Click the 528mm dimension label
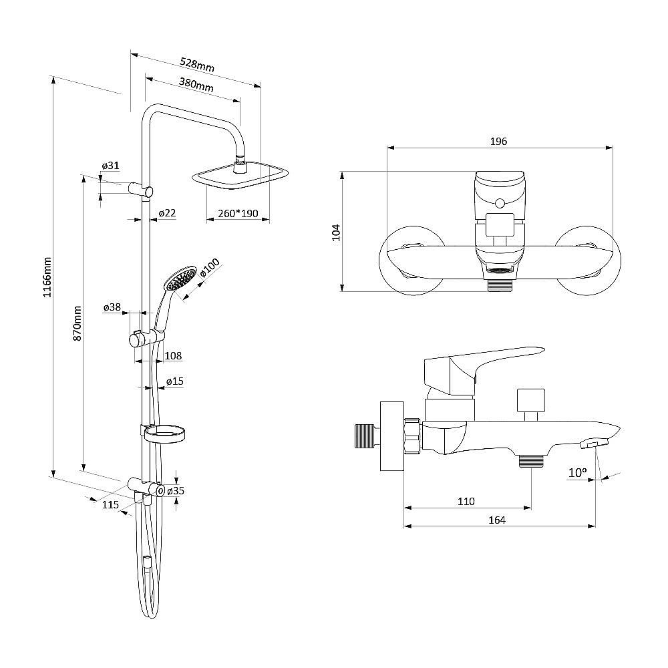click(197, 65)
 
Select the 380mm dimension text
click(196, 84)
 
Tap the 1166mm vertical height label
click(47, 277)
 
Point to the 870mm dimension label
click(77, 323)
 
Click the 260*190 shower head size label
click(238, 214)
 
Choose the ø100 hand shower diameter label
click(210, 268)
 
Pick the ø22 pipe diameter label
click(167, 212)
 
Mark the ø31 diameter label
click(110, 165)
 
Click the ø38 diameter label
click(112, 307)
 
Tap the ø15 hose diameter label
click(174, 381)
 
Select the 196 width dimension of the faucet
click(498, 142)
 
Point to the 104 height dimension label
click(336, 232)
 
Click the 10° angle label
click(578, 472)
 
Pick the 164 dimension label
click(497, 520)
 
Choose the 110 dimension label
click(466, 502)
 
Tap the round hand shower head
click(181, 278)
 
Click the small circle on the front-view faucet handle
click(500, 203)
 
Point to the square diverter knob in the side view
click(530, 400)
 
